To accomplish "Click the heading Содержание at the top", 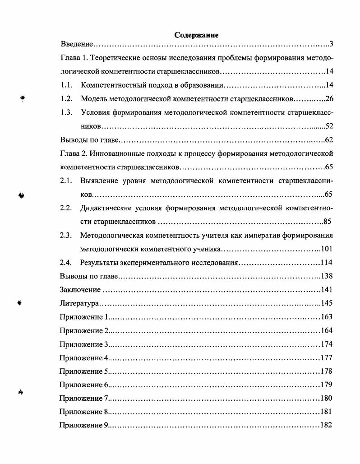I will click(x=196, y=35).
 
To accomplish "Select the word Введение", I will click(x=77, y=44).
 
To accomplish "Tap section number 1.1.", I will click(x=66, y=85).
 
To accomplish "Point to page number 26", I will click(x=329, y=99).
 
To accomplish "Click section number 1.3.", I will click(x=66, y=112).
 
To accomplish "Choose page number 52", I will click(x=329, y=126).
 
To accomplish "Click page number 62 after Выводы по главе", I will click(x=329, y=140).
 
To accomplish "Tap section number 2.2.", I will click(x=66, y=208).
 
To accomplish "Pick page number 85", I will click(x=328, y=222).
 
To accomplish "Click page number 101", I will click(x=327, y=249).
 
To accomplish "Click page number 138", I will click(x=327, y=276).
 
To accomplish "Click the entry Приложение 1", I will click(x=84, y=317).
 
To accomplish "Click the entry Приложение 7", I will click(x=84, y=399).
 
